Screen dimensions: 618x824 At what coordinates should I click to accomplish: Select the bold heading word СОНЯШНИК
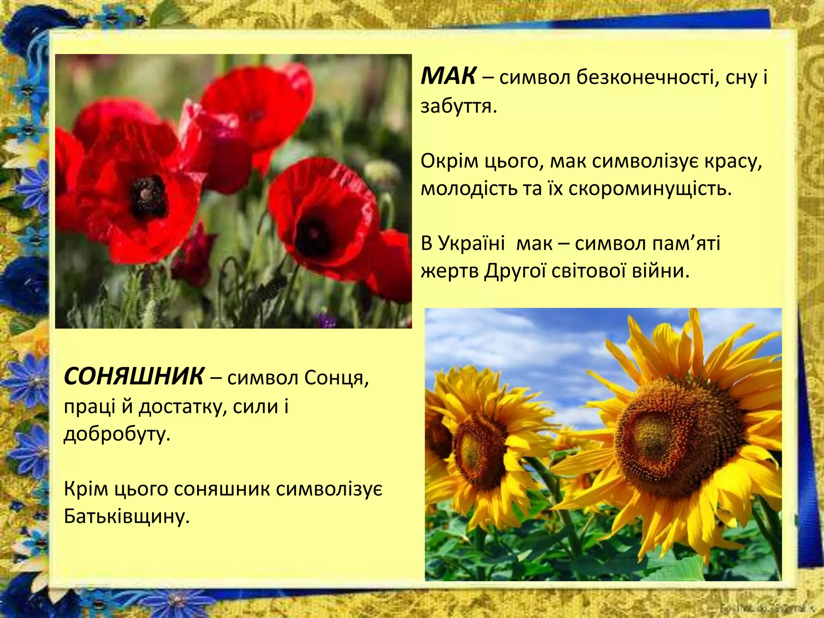point(134,377)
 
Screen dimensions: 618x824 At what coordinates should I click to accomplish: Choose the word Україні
point(471,244)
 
